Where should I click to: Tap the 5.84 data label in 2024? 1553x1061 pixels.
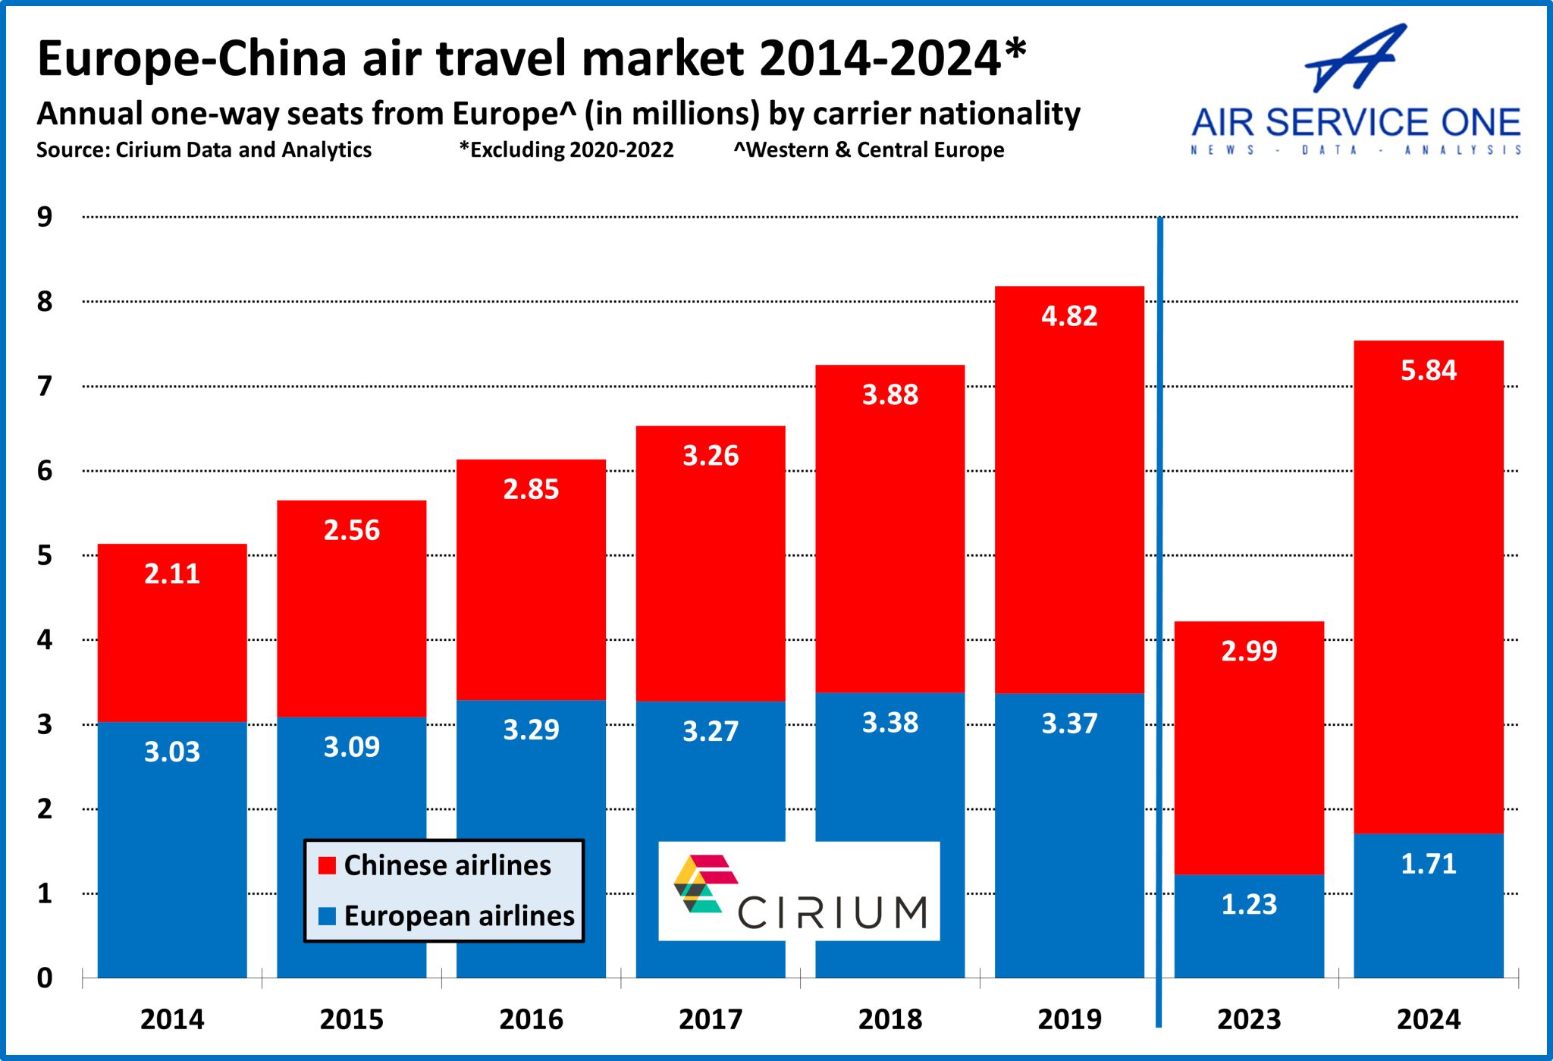tap(1428, 371)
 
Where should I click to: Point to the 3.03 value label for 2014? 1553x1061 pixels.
tap(172, 752)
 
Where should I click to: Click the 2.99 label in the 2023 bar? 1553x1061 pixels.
tap(1249, 651)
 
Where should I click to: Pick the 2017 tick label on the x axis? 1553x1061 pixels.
tap(711, 1019)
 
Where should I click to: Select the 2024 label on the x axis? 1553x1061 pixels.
tap(1428, 1019)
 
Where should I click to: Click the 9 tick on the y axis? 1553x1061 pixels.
tap(45, 218)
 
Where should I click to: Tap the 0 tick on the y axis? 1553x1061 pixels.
tap(45, 978)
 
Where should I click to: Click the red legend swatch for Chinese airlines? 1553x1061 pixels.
tap(327, 865)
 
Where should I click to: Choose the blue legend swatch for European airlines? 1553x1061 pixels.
tap(327, 916)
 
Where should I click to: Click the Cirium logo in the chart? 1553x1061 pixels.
tap(799, 891)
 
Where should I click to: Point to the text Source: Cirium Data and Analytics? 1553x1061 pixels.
tap(204, 150)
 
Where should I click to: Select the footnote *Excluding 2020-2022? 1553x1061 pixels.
tap(566, 150)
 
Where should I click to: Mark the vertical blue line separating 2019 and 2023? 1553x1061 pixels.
tap(1159, 622)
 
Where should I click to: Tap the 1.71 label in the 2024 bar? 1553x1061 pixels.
tap(1428, 864)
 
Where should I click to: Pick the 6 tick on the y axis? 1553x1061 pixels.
tap(45, 471)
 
